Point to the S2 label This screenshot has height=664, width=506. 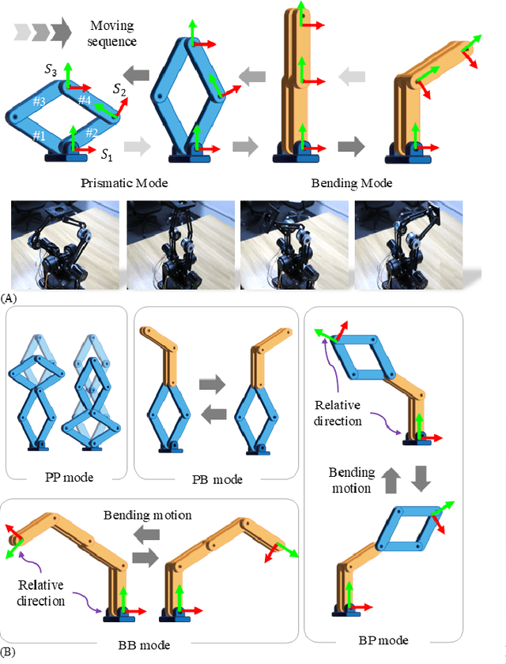point(119,92)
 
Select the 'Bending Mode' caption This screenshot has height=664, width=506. point(352,183)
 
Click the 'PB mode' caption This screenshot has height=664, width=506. point(217,479)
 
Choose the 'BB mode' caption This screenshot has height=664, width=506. point(143,645)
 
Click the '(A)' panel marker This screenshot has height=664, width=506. point(9,298)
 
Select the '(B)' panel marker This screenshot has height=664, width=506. point(9,652)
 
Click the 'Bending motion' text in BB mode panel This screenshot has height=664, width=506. point(148,515)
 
